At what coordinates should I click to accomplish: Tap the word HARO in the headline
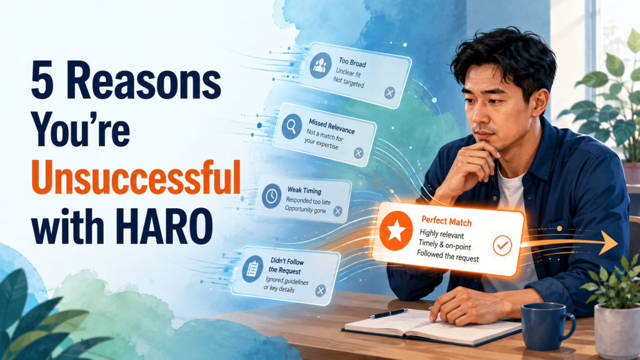[x=164, y=226]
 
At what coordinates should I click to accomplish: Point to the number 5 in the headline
[x=42, y=81]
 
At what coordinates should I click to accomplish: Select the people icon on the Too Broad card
[x=321, y=65]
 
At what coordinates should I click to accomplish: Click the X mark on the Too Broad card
[x=390, y=93]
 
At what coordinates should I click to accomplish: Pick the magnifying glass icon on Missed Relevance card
[x=291, y=126]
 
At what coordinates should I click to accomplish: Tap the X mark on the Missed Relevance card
[x=358, y=153]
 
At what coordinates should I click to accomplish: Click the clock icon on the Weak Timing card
[x=271, y=196]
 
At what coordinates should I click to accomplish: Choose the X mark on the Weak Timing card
[x=337, y=211]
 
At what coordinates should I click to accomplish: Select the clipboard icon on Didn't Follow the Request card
[x=252, y=269]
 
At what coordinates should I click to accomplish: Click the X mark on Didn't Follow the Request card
[x=321, y=290]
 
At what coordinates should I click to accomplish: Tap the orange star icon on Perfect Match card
[x=396, y=231]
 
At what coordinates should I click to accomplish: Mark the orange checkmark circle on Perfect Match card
[x=502, y=245]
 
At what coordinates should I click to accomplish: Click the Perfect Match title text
[x=446, y=221]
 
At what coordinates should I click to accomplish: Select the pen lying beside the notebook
[x=388, y=314]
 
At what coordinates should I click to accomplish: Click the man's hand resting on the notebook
[x=464, y=305]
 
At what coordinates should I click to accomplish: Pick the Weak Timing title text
[x=304, y=190]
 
